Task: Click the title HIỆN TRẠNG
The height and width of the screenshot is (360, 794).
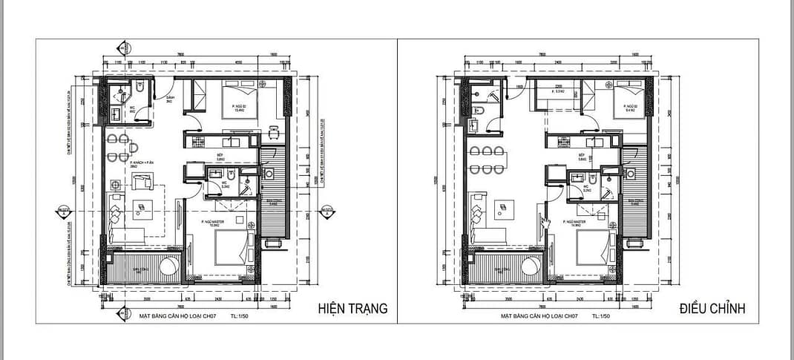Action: [x=352, y=309]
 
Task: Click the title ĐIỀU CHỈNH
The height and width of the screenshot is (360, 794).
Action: [x=712, y=309]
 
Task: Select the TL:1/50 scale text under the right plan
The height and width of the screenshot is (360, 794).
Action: [x=600, y=316]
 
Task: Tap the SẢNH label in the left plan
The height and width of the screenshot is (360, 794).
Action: [x=170, y=98]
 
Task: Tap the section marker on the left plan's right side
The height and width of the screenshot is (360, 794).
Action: [x=325, y=212]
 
